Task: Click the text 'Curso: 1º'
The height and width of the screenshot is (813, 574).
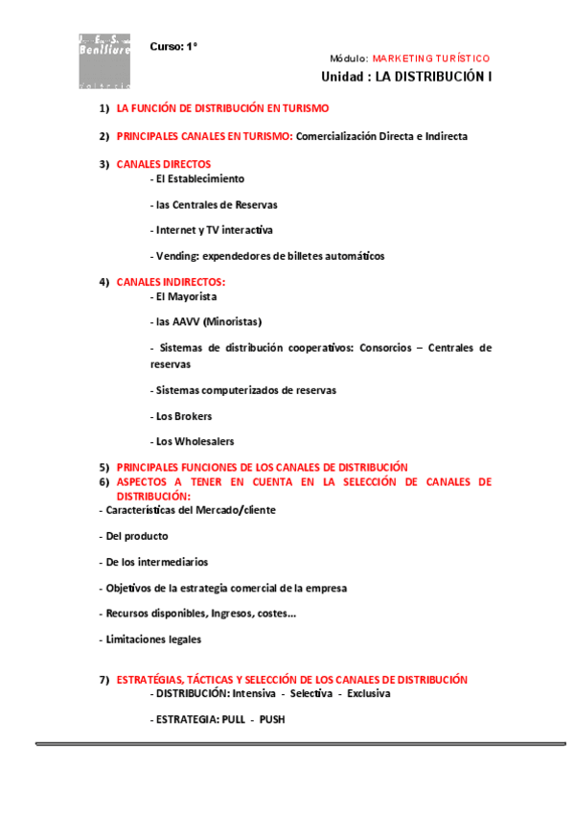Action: [x=173, y=46]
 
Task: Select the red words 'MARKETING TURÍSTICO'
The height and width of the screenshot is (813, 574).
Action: [x=430, y=58]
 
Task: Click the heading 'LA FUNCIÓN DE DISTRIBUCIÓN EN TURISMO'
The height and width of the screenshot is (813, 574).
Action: [x=222, y=109]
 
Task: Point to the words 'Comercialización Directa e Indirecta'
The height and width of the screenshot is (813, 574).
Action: [x=381, y=137]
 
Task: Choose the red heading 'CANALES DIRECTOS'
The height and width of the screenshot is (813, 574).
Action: [x=164, y=164]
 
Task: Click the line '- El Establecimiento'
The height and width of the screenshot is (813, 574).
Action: [x=197, y=178]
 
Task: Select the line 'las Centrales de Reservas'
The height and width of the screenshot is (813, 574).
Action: [x=217, y=204]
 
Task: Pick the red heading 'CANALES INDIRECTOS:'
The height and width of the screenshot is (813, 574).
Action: [x=172, y=282]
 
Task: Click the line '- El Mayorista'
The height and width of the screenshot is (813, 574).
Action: [x=184, y=296]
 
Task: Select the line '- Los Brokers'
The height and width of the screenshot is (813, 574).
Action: [x=182, y=416]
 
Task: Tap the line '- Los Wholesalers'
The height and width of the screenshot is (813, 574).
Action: [x=193, y=442]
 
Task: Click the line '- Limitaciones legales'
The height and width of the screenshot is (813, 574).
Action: [x=150, y=639]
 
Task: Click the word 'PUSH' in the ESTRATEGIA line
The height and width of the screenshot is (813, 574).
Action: [x=272, y=719]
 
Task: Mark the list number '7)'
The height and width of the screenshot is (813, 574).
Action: [x=104, y=680]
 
